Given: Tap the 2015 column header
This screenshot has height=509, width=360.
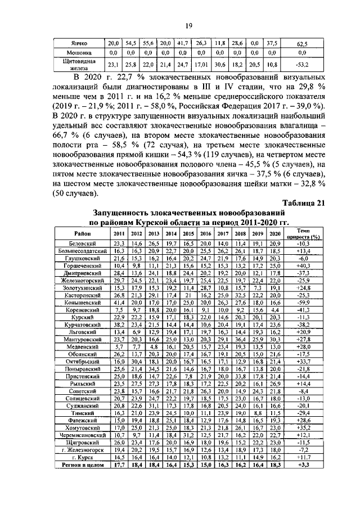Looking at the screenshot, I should click(x=189, y=233).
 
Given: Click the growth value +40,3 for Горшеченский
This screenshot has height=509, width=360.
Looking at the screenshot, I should click(x=303, y=265).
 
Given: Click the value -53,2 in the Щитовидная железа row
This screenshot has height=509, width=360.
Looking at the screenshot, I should click(x=303, y=65).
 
